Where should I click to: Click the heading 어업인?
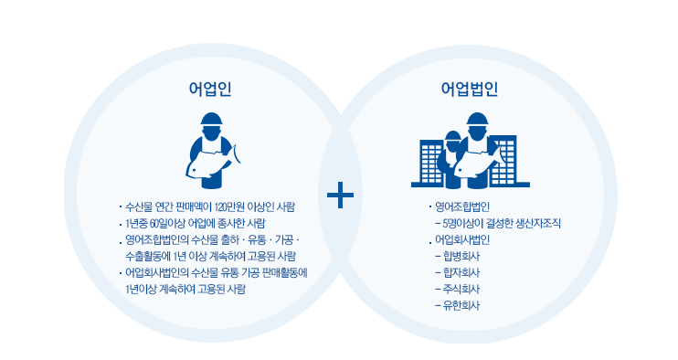pos(210,89)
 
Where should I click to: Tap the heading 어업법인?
pos(468,89)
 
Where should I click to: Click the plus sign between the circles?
pos(340,194)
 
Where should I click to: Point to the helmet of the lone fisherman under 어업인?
pos(212,120)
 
